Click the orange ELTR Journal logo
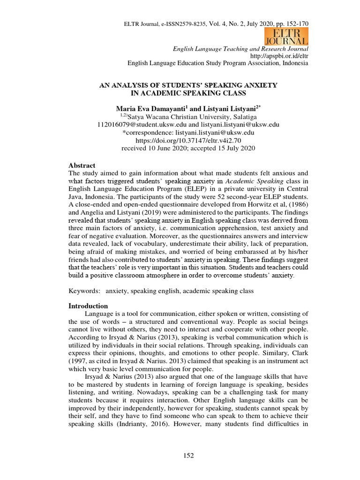tap(287, 37)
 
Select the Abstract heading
tap(82, 165)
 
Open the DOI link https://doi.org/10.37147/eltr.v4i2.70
tap(188, 140)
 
